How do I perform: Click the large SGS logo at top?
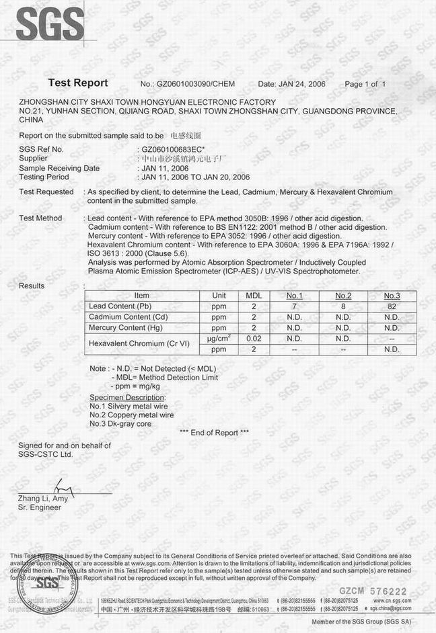pyautogui.click(x=50, y=24)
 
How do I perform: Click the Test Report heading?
pyautogui.click(x=78, y=83)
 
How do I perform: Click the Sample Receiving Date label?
pyautogui.click(x=59, y=168)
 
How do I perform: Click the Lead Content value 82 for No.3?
pyautogui.click(x=392, y=306)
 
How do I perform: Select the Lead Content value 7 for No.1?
pyautogui.click(x=294, y=306)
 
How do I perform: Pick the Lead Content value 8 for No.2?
pyautogui.click(x=343, y=306)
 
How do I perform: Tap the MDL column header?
pyautogui.click(x=254, y=296)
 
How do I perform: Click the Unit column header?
pyautogui.click(x=219, y=296)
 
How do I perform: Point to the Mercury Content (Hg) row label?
pyautogui.click(x=126, y=328)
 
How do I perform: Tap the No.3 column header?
pyautogui.click(x=392, y=296)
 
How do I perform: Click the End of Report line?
pyautogui.click(x=215, y=433)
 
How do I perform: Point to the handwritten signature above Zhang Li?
pyautogui.click(x=62, y=487)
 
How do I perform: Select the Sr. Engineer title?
pyautogui.click(x=40, y=508)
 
